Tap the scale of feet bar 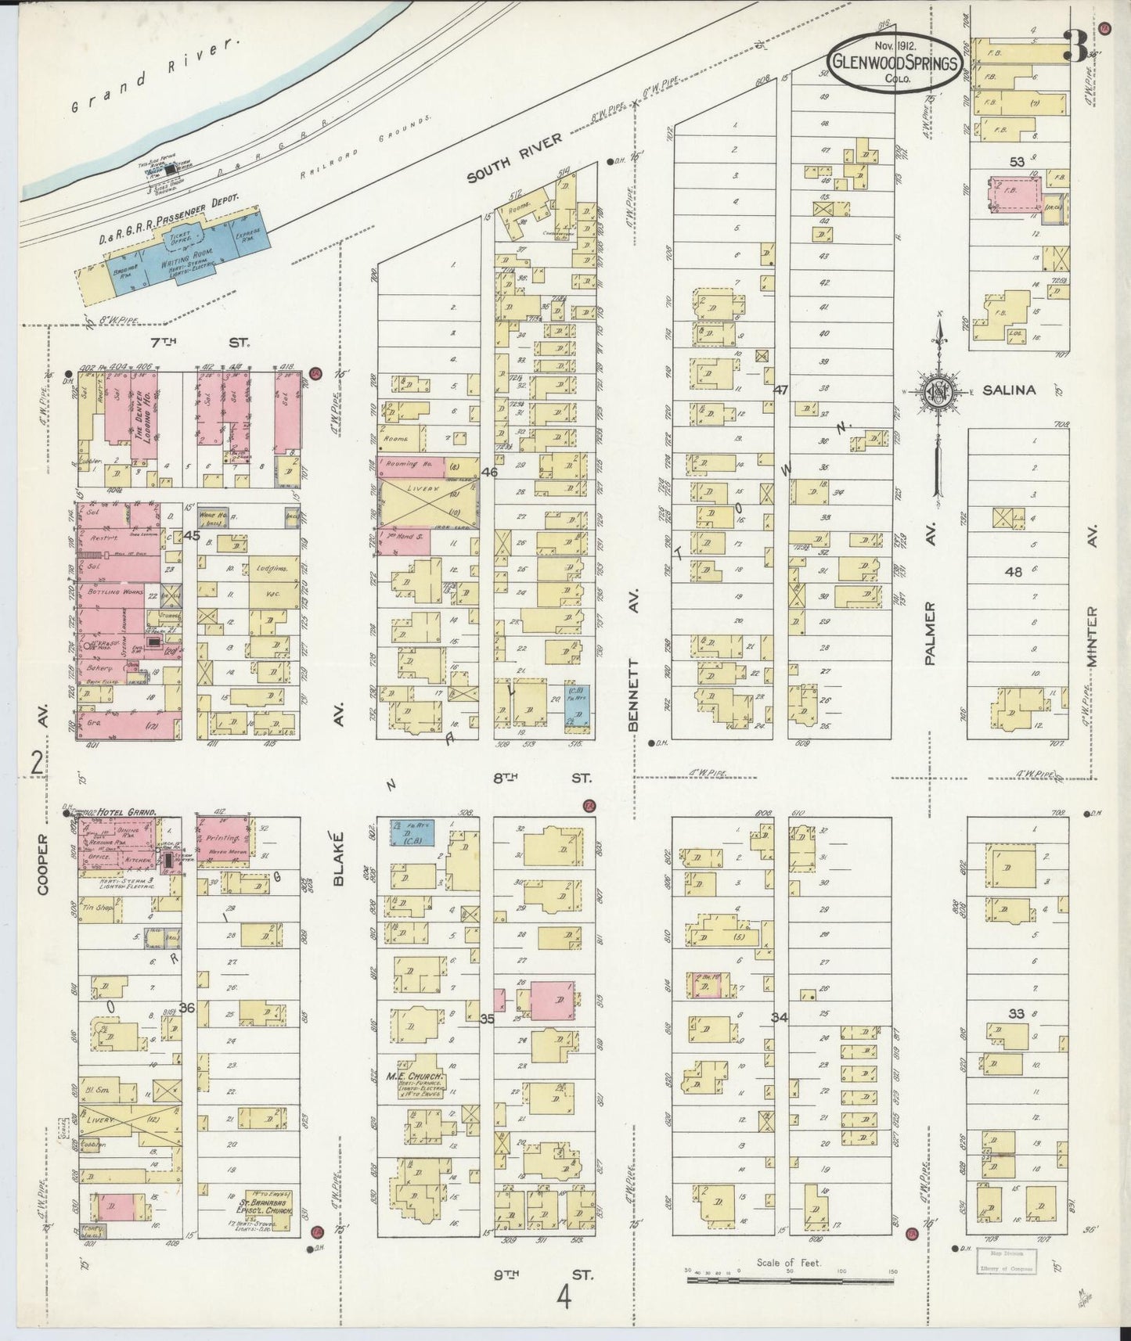(791, 1281)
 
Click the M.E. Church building (412, 1084)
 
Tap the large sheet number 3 (1078, 48)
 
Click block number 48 (1013, 572)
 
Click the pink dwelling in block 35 (553, 1001)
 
